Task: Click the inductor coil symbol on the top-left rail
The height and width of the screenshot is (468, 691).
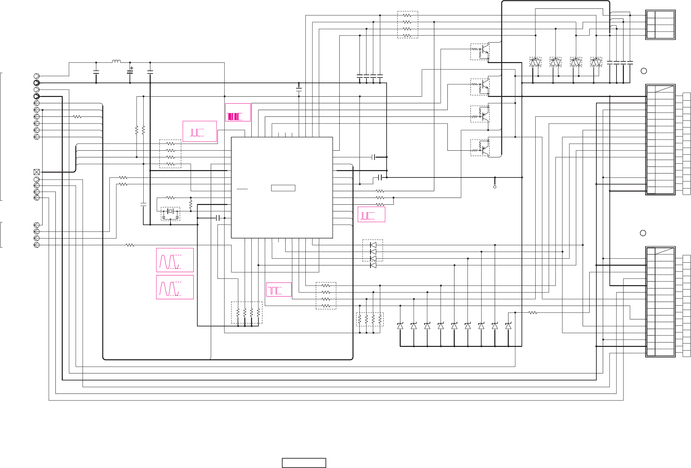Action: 116,61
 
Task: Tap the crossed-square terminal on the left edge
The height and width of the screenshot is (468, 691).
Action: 37,172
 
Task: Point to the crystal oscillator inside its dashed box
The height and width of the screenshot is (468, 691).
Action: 170,212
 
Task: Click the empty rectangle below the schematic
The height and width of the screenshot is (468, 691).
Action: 304,463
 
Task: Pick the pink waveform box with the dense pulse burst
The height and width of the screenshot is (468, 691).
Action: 238,112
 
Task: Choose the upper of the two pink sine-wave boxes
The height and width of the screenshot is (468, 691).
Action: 175,260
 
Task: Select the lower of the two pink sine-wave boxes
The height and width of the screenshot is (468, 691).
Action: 175,287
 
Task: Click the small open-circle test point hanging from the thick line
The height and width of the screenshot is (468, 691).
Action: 495,187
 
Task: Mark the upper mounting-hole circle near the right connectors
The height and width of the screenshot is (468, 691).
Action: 644,71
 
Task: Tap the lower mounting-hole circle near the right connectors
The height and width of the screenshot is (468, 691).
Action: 643,233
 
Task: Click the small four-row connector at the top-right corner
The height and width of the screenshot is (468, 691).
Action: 660,25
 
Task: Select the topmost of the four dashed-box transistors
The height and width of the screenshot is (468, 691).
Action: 480,52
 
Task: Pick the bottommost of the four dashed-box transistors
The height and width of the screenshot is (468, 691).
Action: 480,148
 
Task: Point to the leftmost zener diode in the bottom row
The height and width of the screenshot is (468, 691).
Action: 400,326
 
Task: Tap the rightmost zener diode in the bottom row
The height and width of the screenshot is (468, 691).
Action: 508,326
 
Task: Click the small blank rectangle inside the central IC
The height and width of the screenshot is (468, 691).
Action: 283,188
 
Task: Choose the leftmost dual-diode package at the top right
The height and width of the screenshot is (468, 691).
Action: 535,62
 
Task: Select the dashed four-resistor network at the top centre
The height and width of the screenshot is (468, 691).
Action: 407,25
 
